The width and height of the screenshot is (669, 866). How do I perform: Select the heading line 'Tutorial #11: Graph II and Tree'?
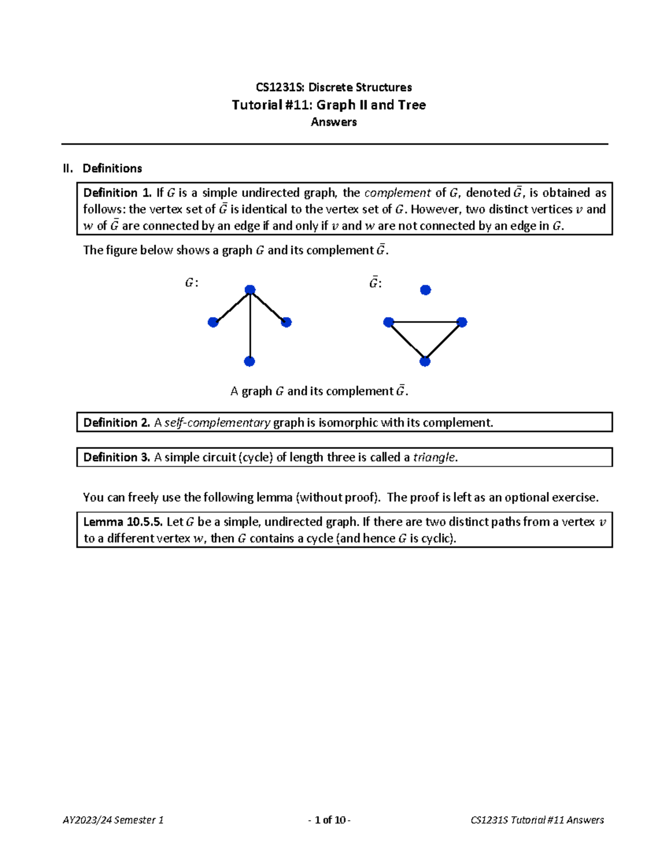coord(328,105)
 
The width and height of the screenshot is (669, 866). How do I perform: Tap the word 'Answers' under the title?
coord(333,122)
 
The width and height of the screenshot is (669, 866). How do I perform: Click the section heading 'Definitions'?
coord(112,168)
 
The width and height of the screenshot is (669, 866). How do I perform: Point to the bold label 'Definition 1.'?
coord(117,193)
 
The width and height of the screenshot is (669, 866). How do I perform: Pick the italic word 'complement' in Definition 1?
coord(397,193)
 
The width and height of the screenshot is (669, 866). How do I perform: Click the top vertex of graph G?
coord(250,290)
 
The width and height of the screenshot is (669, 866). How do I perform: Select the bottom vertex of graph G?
coord(250,361)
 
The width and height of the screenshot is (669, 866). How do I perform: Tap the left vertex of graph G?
coord(213,322)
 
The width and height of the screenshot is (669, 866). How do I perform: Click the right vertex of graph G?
coord(287,322)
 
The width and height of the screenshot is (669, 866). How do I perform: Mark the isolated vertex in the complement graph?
coord(425,290)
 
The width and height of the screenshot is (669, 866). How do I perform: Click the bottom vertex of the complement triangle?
coord(425,361)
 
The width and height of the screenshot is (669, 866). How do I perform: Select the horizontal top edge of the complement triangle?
coord(425,322)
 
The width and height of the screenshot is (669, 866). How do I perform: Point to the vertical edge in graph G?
coord(250,329)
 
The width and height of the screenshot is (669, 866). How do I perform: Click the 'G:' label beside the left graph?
coord(191,283)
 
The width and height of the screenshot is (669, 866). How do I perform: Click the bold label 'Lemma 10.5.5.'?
coord(123,522)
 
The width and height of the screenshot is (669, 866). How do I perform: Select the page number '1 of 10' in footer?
coord(329,820)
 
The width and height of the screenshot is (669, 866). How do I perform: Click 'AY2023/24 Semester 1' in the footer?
coord(113,820)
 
